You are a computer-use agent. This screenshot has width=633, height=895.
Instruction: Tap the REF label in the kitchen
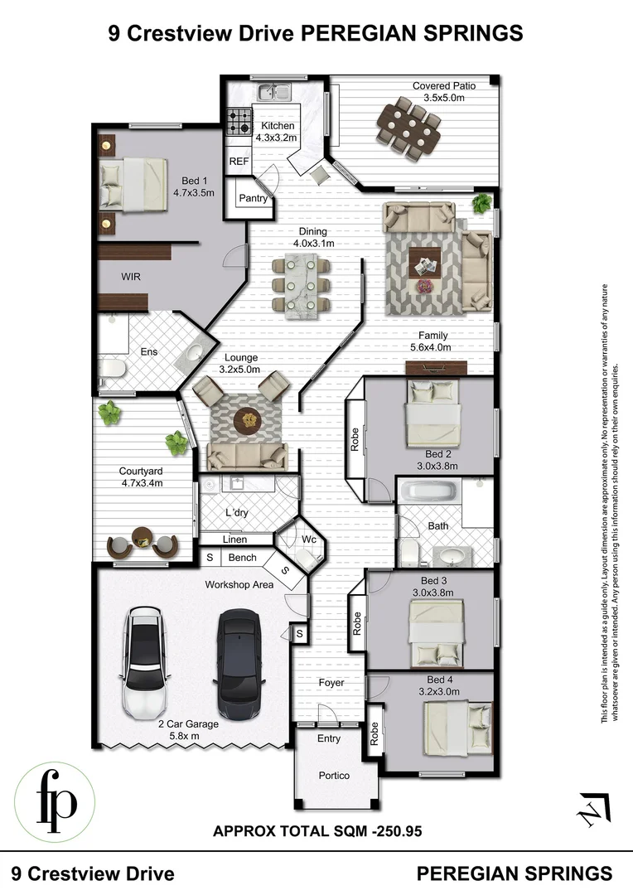tap(239, 161)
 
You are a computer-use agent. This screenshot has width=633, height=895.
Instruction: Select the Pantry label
tap(253, 199)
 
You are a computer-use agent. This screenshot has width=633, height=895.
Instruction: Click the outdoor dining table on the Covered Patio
tap(408, 125)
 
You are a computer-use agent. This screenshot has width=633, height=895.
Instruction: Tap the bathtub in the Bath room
tap(428, 495)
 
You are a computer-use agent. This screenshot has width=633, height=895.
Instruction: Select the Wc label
tap(308, 539)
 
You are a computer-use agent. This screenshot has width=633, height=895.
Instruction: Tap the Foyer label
tap(331, 683)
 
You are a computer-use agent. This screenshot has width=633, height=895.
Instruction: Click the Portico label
tap(336, 776)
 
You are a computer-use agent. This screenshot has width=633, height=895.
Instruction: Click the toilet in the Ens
tap(111, 368)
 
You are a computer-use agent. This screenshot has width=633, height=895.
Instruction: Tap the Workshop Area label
tap(239, 585)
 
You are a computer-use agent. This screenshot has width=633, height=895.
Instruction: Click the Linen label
tap(235, 539)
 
